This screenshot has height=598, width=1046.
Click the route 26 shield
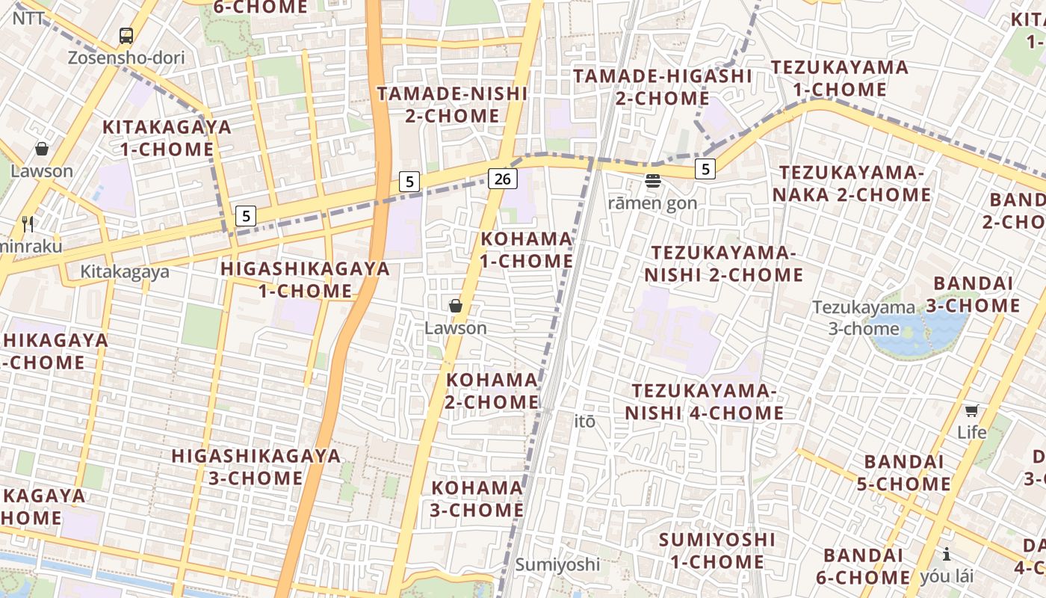point(503,178)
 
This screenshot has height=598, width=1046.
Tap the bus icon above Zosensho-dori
point(126,35)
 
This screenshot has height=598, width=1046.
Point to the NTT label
point(29,18)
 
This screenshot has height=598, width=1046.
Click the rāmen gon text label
point(652,203)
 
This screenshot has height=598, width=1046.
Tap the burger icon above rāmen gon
point(653,180)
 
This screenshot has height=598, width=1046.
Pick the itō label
point(585,422)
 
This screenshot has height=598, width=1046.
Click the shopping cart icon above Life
point(971,410)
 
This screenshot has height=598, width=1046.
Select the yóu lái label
point(947,576)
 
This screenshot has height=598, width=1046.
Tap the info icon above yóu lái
point(947,554)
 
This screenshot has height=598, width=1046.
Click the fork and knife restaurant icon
point(28,224)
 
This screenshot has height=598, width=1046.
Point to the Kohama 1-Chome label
point(526,250)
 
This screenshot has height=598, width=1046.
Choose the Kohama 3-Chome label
point(477,499)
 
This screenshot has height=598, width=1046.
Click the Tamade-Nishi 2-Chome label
point(452,105)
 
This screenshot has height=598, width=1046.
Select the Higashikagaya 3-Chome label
point(256,466)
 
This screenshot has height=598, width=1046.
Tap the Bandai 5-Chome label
point(903,472)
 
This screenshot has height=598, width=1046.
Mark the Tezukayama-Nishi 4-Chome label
point(705,401)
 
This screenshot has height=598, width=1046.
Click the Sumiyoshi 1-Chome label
point(717,550)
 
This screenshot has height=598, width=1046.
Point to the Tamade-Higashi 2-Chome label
point(663,87)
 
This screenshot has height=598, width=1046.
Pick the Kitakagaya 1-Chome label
point(167,138)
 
